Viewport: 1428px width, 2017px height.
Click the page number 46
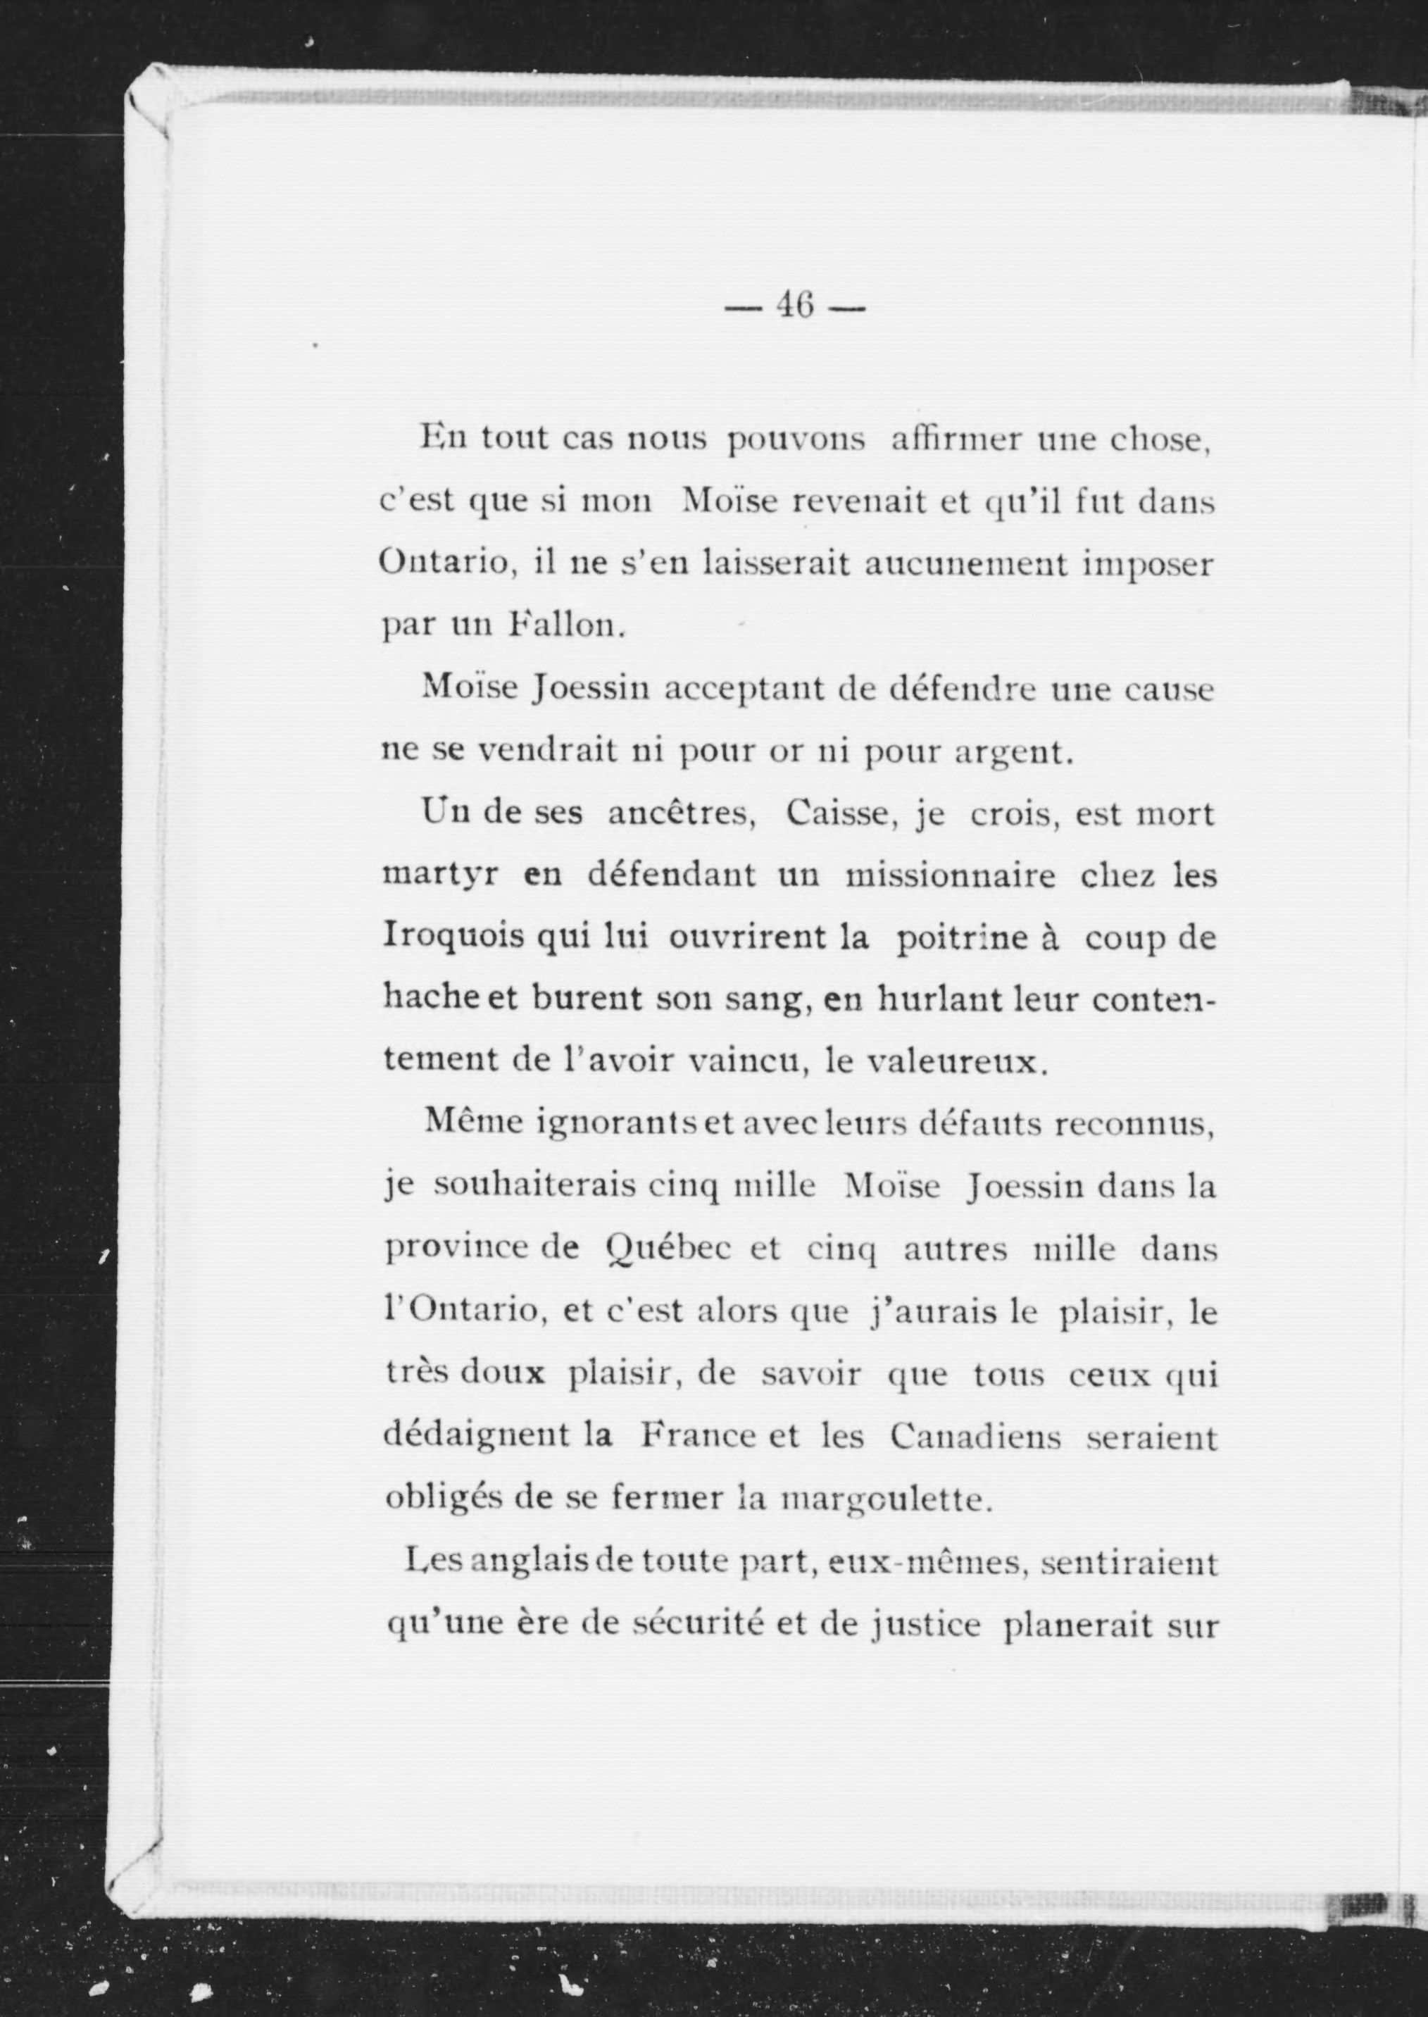point(794,307)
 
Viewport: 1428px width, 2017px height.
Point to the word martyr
point(441,878)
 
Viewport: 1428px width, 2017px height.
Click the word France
point(697,1437)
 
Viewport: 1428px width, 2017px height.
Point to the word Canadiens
point(975,1437)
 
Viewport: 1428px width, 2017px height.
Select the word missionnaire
point(950,878)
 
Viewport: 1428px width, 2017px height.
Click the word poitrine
point(959,937)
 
